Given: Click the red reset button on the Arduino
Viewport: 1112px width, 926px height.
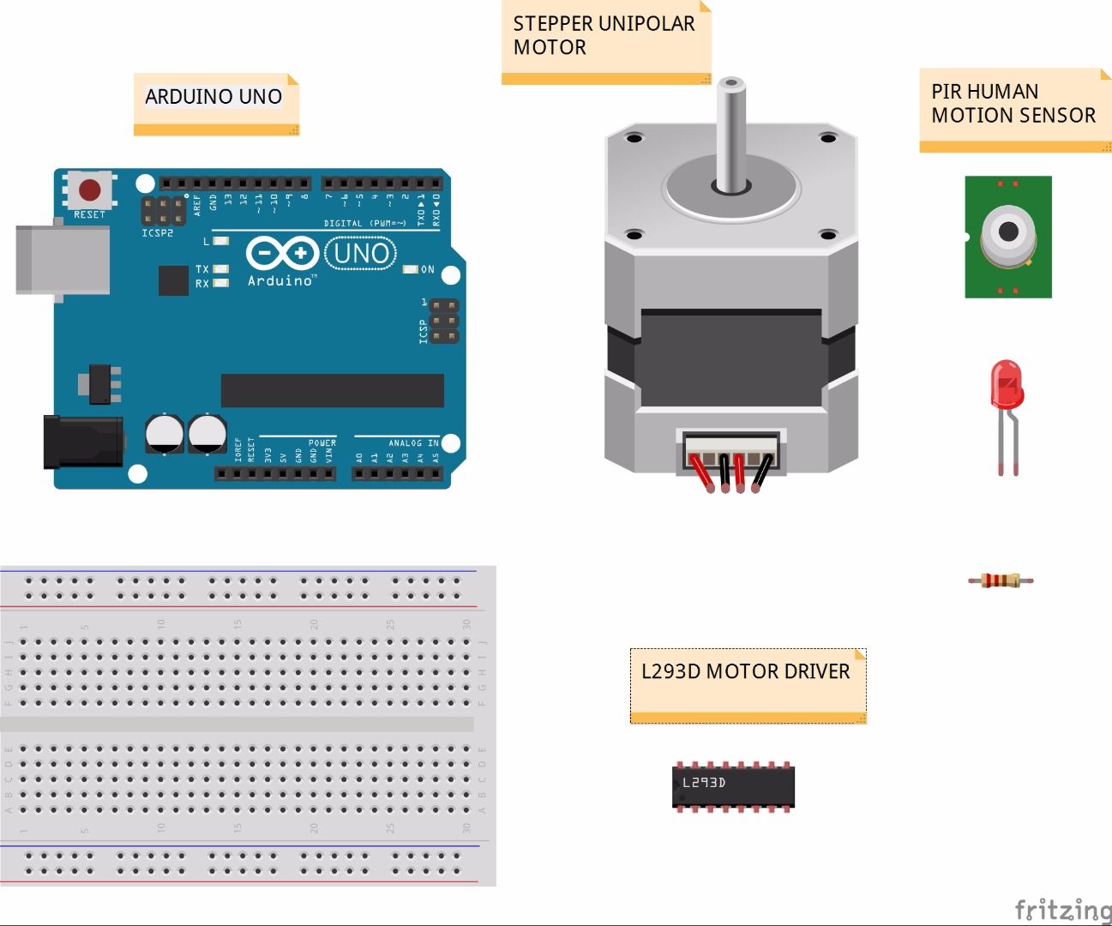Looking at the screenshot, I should (x=89, y=189).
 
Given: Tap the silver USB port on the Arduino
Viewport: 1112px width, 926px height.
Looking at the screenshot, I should (x=62, y=260).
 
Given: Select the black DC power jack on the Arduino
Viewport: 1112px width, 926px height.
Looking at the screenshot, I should (x=83, y=442).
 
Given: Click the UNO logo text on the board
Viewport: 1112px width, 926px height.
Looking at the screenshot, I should (x=361, y=253).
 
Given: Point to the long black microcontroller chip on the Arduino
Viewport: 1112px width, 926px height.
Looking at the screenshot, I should (x=332, y=390).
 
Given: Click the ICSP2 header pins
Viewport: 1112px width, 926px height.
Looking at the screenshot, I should (x=163, y=209).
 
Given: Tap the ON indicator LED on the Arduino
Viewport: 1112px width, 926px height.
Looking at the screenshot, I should (x=411, y=269).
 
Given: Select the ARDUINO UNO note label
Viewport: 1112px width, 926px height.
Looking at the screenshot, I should (x=214, y=98).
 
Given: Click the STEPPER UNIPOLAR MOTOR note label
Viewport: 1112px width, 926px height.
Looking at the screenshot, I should (x=604, y=36).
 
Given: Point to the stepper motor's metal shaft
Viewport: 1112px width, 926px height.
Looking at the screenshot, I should (x=730, y=133).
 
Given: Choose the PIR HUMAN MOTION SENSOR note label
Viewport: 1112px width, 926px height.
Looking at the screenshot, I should (x=1013, y=104).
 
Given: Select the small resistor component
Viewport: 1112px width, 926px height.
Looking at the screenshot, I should (x=1001, y=580).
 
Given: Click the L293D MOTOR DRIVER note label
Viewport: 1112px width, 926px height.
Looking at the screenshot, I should (x=746, y=672).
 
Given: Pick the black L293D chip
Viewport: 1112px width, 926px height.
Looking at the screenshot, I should (x=733, y=785).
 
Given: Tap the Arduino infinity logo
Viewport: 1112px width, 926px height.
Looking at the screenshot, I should (x=282, y=254).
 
